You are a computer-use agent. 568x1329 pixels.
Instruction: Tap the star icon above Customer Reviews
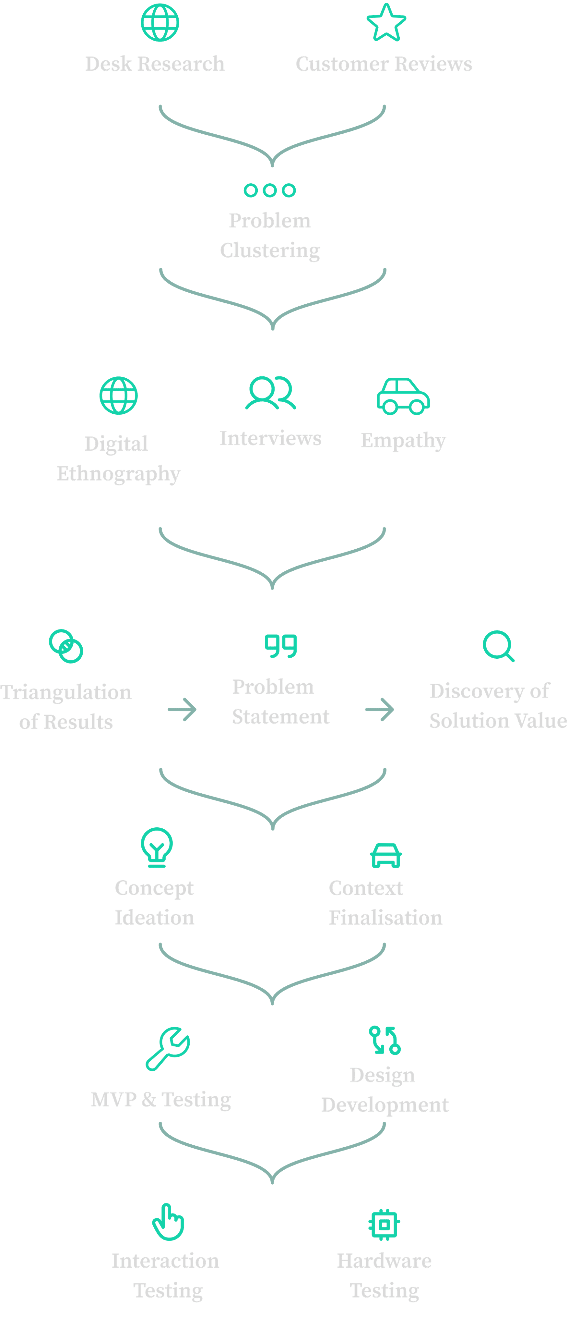(386, 23)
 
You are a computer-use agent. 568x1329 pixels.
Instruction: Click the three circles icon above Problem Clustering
(269, 190)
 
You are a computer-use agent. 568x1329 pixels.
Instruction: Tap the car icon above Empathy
(403, 396)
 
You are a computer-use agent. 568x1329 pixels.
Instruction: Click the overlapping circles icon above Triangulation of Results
(66, 646)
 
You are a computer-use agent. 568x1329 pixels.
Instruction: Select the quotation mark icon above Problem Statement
(281, 646)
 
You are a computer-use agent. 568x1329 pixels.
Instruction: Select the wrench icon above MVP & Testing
(168, 1049)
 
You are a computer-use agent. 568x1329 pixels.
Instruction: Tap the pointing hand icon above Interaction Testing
(168, 1222)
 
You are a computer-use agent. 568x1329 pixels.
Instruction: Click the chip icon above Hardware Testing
(384, 1224)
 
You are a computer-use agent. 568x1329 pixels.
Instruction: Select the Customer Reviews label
(384, 64)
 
